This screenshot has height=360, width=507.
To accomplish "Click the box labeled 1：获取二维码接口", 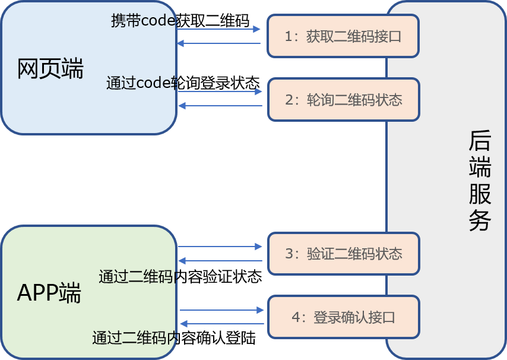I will (x=343, y=36).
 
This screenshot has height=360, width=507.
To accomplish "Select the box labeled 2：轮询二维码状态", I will (x=343, y=99).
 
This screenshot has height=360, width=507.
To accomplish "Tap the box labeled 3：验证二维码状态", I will (x=343, y=254).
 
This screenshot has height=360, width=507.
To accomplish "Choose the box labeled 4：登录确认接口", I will (x=343, y=317).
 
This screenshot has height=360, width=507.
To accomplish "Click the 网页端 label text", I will (x=50, y=69).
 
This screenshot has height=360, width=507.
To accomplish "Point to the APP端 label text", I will (x=49, y=293).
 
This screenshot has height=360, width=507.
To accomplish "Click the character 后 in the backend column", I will (x=480, y=141).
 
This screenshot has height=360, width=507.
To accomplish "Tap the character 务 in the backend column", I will (x=480, y=220).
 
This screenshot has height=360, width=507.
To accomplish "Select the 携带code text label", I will (x=144, y=20).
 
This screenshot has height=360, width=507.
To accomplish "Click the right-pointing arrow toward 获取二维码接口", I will (x=218, y=29).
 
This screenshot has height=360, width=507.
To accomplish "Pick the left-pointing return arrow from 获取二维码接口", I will (x=218, y=43).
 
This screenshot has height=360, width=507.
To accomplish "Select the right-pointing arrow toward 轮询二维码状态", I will (x=220, y=91).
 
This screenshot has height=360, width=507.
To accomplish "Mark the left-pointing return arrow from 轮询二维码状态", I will (x=220, y=106).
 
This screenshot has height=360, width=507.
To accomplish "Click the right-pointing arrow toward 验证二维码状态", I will (x=220, y=246).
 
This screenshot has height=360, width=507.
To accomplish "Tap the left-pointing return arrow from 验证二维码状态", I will (x=220, y=261).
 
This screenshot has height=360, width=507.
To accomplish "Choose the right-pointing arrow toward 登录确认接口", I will (x=221, y=310).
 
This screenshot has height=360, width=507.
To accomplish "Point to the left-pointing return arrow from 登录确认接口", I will (x=221, y=324).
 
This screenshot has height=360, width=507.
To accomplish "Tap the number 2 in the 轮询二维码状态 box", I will (x=289, y=99).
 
